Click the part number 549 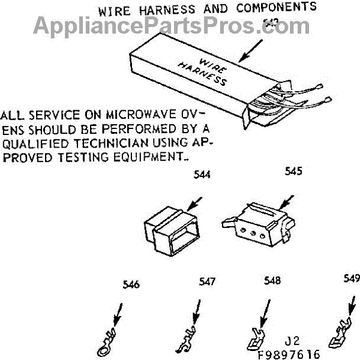tap(352, 278)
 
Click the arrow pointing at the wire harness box tap(251, 50)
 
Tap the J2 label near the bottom tap(293, 342)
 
